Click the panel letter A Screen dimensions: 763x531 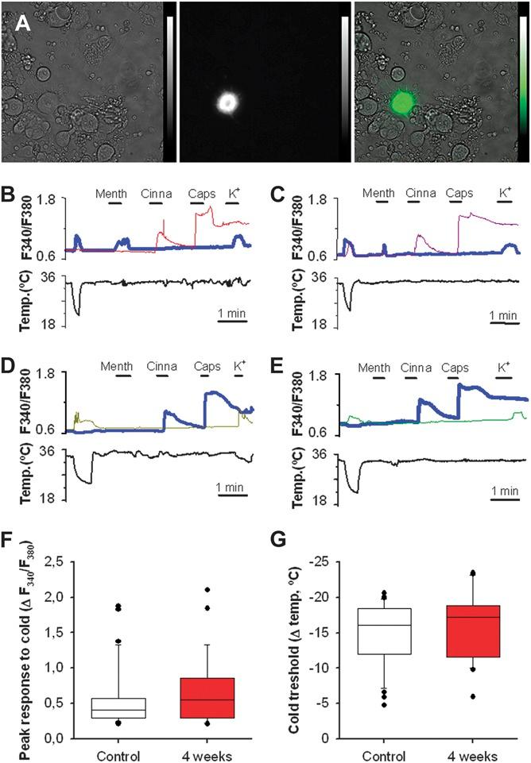point(22,25)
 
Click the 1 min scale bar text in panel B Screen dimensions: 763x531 point(233,314)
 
